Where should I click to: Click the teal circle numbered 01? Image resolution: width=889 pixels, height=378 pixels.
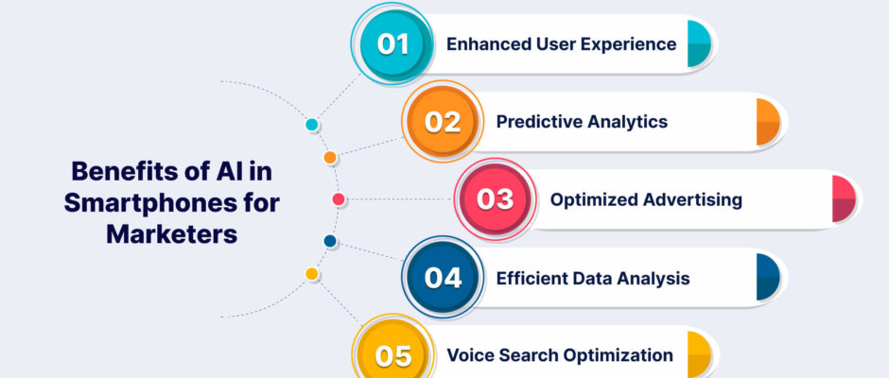[x=392, y=44]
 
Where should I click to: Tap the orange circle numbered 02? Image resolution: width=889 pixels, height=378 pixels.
[x=443, y=122]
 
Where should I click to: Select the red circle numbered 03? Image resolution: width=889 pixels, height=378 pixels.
[x=496, y=199]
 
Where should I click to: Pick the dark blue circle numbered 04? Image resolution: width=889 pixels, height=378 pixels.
[x=443, y=278]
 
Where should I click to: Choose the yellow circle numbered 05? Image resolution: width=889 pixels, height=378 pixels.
[x=392, y=355]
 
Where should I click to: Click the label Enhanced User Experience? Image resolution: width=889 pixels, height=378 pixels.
[x=561, y=44]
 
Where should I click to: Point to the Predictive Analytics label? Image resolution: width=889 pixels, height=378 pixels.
[x=582, y=122]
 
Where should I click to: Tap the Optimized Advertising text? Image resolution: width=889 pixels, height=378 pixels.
[x=646, y=199]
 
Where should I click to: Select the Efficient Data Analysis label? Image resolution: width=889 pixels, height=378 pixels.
[x=593, y=278]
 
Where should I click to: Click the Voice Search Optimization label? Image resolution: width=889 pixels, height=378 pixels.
[x=560, y=355]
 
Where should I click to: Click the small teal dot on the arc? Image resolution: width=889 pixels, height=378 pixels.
[x=312, y=125]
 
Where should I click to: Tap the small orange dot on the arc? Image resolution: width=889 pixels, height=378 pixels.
[x=330, y=158]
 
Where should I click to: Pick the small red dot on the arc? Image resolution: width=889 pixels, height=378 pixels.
[x=339, y=199]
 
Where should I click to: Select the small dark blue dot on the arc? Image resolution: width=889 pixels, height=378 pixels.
[x=330, y=241]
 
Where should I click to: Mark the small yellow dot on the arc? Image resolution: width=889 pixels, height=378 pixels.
[x=312, y=274]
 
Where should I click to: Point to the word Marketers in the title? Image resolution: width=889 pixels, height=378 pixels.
[x=172, y=234]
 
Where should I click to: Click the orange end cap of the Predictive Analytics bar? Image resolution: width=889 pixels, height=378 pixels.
[x=768, y=122]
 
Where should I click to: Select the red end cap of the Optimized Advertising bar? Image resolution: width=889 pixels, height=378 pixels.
[x=844, y=199]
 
